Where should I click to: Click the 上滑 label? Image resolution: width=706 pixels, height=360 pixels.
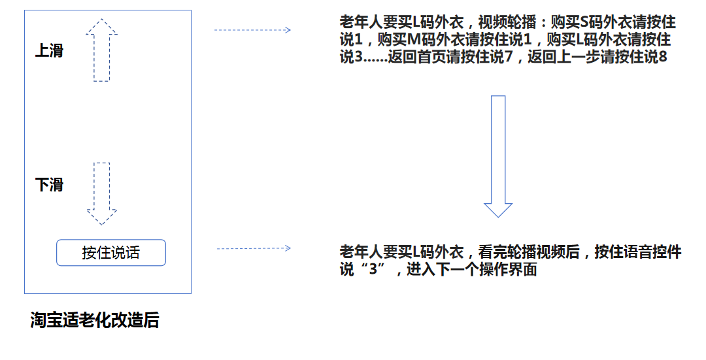point(50,50)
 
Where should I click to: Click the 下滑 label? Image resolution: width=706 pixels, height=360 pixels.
point(50,184)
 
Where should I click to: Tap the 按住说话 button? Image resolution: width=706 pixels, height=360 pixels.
point(110,252)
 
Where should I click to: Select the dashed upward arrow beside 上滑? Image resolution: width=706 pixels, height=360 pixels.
point(102,50)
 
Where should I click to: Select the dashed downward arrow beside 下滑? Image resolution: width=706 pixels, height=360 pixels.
point(102,194)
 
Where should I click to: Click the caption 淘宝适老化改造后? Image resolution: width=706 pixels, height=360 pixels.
point(95,320)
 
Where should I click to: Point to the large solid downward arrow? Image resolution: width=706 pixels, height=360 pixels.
point(498,156)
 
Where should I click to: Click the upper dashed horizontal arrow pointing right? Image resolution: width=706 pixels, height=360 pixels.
point(252,30)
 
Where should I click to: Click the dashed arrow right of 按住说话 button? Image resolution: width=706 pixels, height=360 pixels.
point(254,248)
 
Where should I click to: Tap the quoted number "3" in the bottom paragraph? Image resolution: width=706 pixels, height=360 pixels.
point(373,269)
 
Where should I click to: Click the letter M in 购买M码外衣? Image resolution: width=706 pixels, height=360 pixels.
point(413,40)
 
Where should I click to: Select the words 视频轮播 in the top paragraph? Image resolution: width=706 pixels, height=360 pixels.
point(507,22)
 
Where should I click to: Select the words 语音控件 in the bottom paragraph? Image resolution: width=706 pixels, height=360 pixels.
point(652,252)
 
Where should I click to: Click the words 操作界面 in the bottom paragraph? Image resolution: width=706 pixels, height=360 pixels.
point(508,269)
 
